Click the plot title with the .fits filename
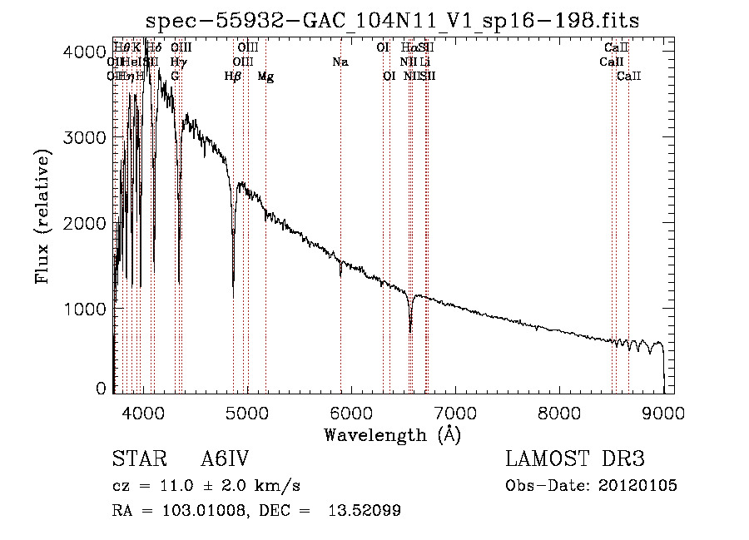point(391,21)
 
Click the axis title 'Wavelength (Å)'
point(391,434)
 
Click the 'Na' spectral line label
point(340,62)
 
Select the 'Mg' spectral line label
point(265,77)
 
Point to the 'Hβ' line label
point(233,77)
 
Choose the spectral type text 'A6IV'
point(226,459)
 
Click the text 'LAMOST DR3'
point(575,459)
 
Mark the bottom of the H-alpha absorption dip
point(410,330)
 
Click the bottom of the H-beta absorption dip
point(233,295)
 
